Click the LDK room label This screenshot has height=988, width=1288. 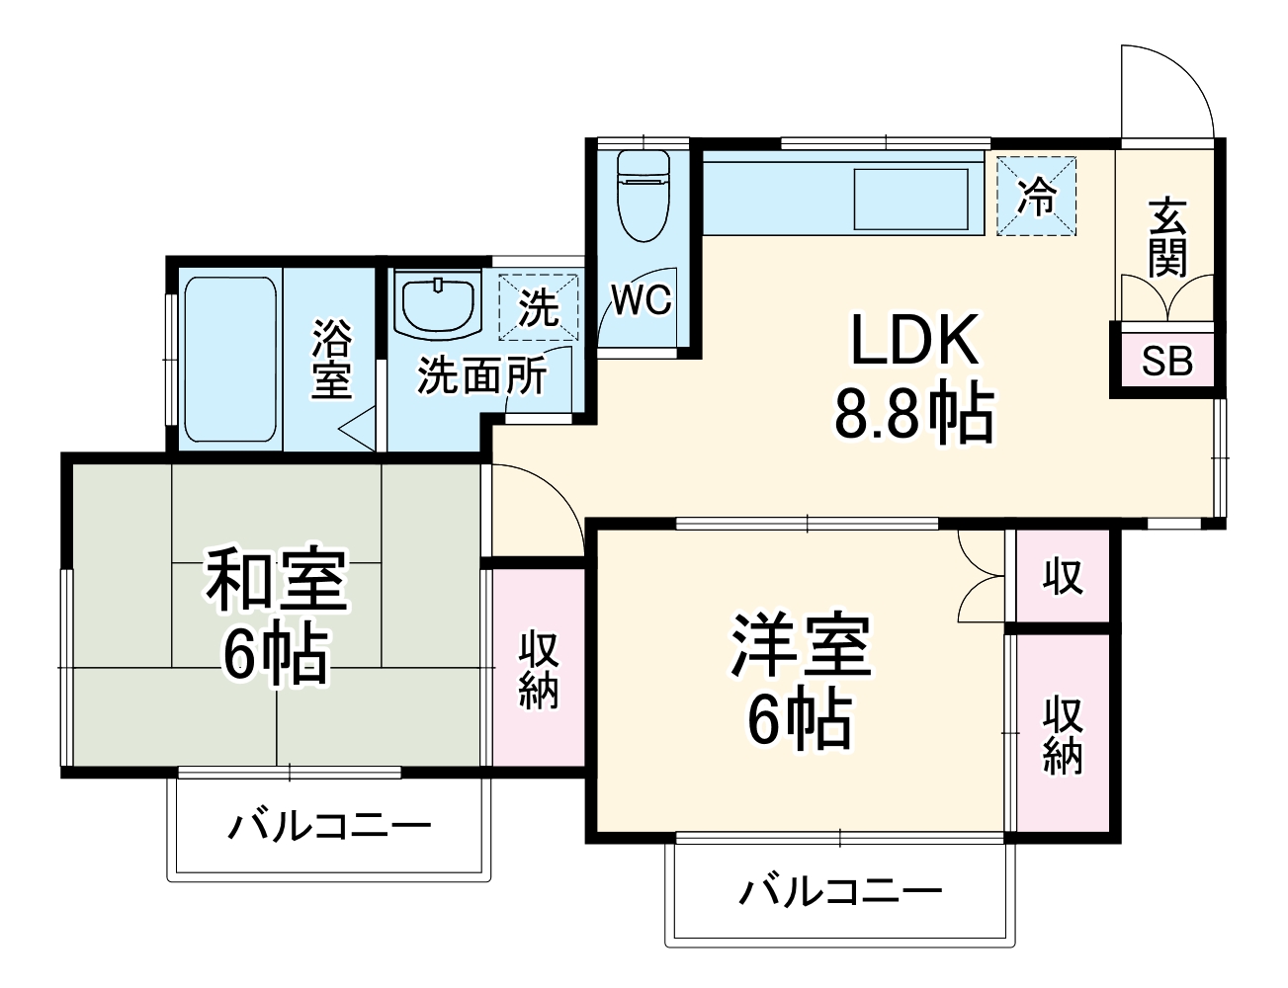[915, 341]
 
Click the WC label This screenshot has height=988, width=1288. [641, 299]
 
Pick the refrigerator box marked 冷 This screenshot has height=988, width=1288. [1036, 196]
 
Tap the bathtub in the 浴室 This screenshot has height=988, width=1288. [229, 360]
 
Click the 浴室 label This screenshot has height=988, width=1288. [331, 358]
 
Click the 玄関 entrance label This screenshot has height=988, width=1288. [1166, 238]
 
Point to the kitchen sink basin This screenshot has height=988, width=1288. [910, 201]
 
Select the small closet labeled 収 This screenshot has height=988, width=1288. [1063, 576]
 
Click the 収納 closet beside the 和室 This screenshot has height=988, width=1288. [539, 670]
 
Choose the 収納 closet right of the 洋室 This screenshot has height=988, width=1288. [1063, 733]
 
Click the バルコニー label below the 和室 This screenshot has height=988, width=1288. [330, 825]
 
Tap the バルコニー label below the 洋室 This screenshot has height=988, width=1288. [841, 892]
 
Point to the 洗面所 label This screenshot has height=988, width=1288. [480, 375]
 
